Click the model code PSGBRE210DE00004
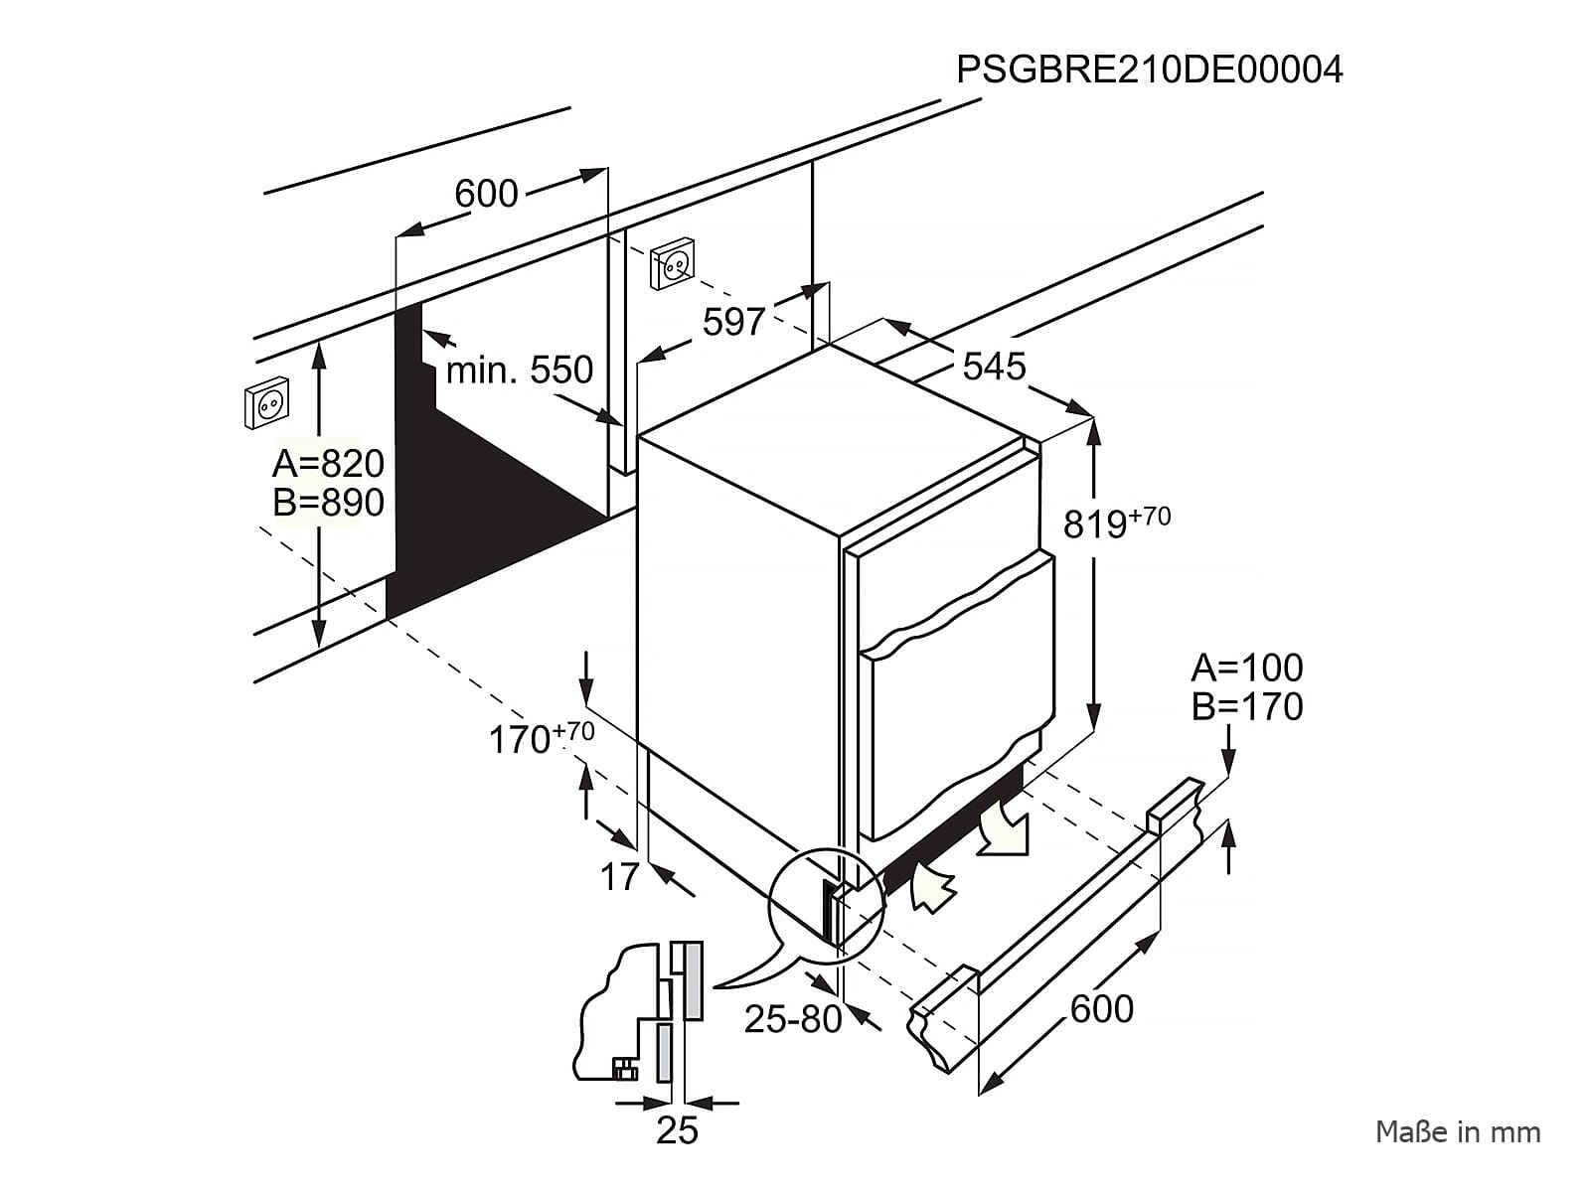pyautogui.click(x=1149, y=70)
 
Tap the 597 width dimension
pyautogui.click(x=733, y=322)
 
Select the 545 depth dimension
pyautogui.click(x=994, y=367)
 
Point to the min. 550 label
pyautogui.click(x=519, y=371)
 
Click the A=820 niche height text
pyautogui.click(x=328, y=463)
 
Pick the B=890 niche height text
pyautogui.click(x=328, y=503)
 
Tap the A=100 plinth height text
pyautogui.click(x=1246, y=668)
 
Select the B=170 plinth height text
pyautogui.click(x=1246, y=707)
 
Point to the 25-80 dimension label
pyautogui.click(x=793, y=1019)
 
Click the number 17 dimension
pyautogui.click(x=618, y=877)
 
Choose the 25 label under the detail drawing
pyautogui.click(x=677, y=1131)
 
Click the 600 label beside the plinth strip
pyautogui.click(x=1102, y=1009)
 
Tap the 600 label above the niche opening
pyautogui.click(x=486, y=194)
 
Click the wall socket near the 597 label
pyautogui.click(x=673, y=262)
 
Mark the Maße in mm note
pyautogui.click(x=1457, y=1131)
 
